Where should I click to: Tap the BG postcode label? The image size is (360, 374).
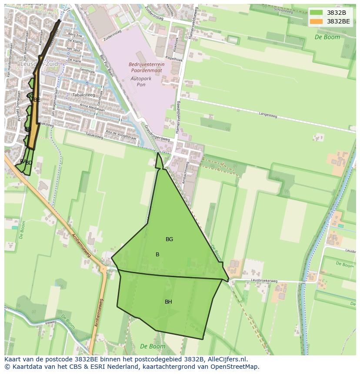click(169, 239)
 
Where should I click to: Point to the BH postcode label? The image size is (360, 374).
click(168, 302)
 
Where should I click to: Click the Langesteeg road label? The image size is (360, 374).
click(268, 116)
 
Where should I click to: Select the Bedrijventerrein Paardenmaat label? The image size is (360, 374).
click(147, 67)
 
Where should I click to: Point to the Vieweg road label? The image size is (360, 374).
click(50, 322)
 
